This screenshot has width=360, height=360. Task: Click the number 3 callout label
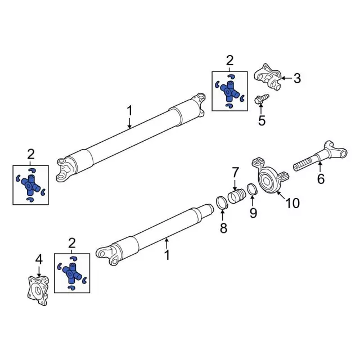click(296, 78)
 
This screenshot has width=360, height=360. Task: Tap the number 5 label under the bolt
click(261, 120)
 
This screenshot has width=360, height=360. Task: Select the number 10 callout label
click(292, 203)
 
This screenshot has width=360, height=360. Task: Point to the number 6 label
click(321, 179)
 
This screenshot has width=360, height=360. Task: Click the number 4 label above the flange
click(39, 259)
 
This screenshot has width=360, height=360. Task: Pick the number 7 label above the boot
click(235, 171)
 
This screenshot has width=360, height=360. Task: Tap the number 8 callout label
click(223, 228)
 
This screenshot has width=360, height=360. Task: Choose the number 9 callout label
click(253, 213)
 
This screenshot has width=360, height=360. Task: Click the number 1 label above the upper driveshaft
click(129, 110)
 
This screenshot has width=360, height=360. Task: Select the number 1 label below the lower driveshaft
click(166, 256)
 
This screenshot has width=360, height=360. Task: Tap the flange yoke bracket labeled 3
click(268, 76)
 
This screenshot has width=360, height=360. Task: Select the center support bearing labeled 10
click(268, 179)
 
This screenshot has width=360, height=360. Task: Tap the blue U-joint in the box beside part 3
click(229, 90)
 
